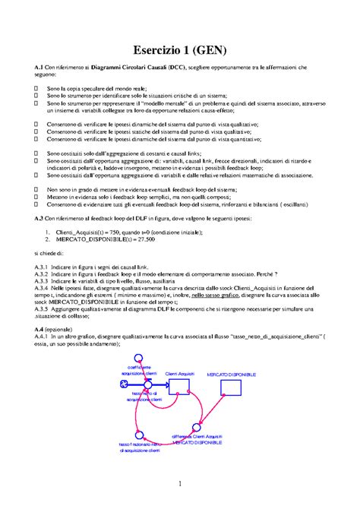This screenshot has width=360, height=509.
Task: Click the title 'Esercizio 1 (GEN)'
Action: coord(180,50)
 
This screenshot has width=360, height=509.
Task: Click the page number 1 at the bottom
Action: coord(180,484)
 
